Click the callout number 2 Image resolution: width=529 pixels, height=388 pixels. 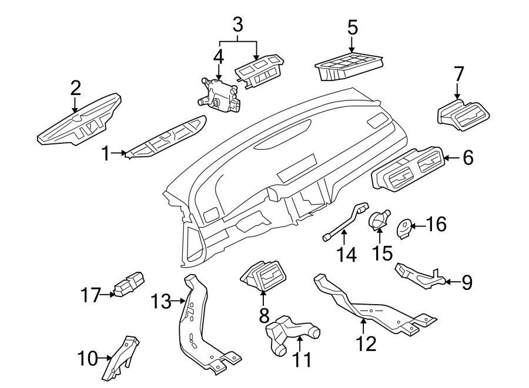(75, 88)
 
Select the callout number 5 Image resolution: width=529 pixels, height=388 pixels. (351, 27)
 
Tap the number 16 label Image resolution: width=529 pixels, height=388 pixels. (435, 224)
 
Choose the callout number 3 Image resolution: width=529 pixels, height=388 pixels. (237, 25)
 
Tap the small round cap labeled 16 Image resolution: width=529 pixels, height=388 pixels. (404, 228)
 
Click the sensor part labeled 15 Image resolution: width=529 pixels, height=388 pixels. (378, 220)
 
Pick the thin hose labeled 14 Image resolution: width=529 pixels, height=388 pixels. (343, 222)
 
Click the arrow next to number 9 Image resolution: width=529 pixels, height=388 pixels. (448, 282)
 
